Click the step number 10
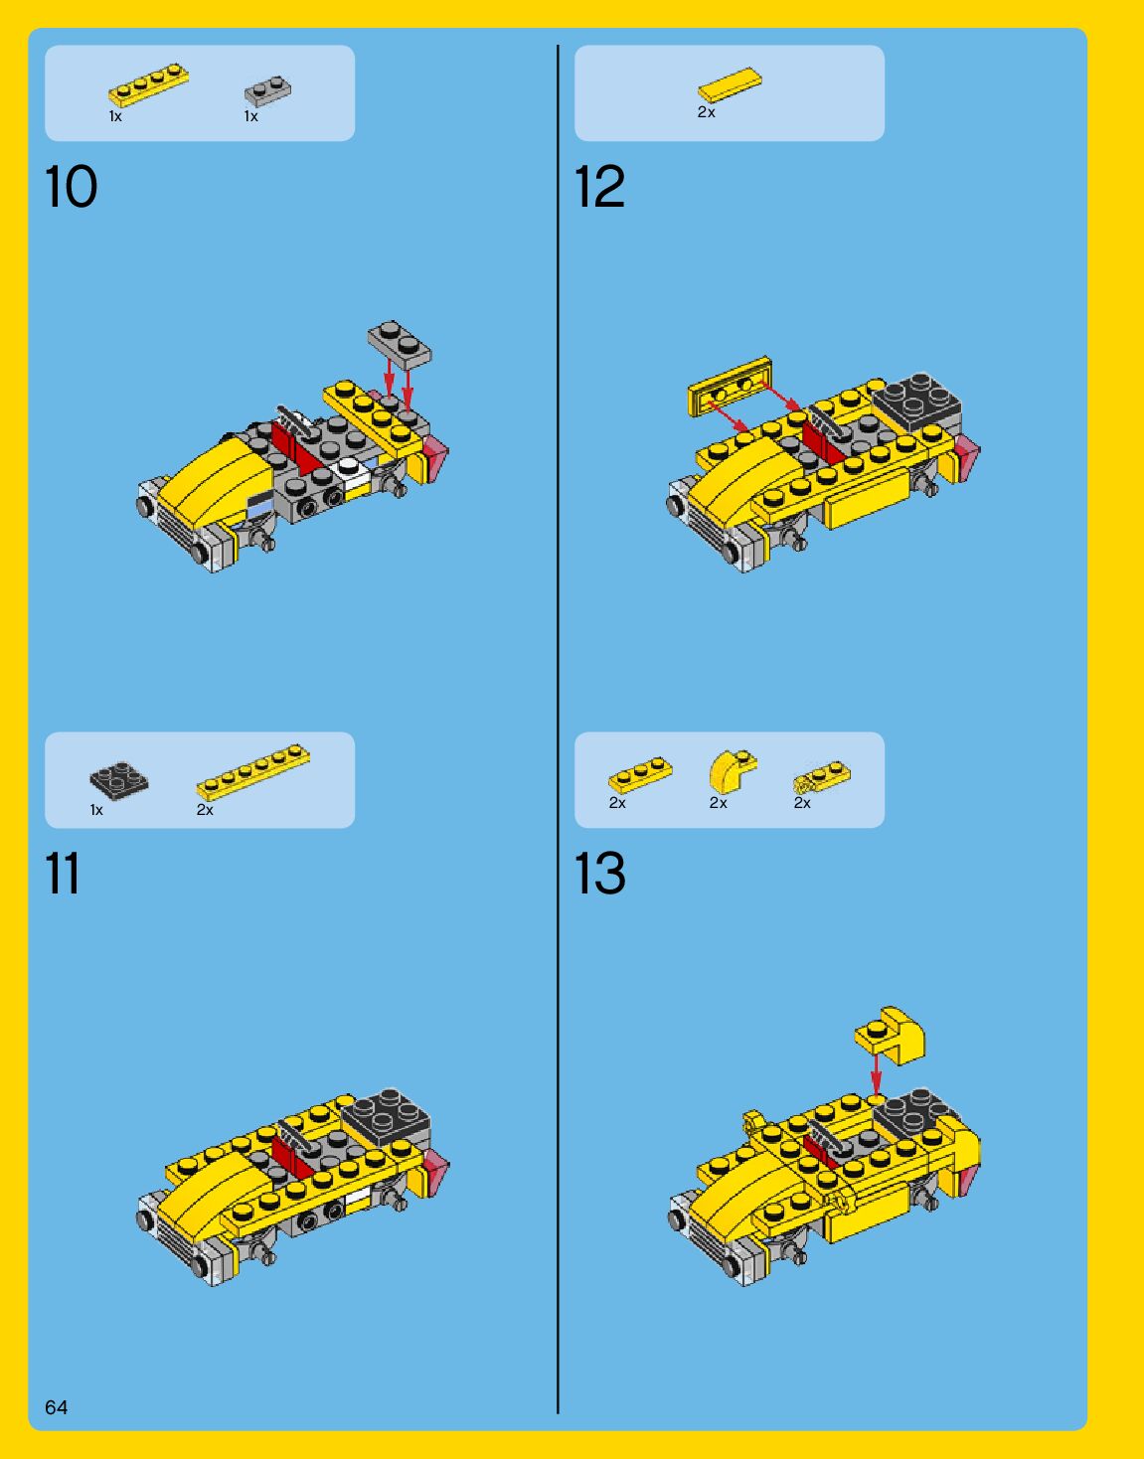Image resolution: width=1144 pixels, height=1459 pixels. pos(72,187)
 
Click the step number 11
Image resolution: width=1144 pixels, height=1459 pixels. pos(63,874)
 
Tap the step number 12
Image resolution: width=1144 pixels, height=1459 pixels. pos(599,187)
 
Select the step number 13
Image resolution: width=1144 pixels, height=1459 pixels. pos(599,874)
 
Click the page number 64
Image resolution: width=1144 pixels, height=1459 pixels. pos(57,1407)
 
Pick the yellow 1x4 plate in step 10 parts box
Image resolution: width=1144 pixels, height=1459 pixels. pos(148,85)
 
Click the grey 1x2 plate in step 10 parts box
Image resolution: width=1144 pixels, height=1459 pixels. pos(268,90)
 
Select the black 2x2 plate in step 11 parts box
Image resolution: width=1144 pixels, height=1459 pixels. pos(119,781)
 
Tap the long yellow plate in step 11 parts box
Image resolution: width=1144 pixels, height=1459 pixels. pos(253,772)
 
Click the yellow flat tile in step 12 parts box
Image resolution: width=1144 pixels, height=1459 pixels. pos(730,85)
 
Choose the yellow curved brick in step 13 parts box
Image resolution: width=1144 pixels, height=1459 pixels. pos(732,771)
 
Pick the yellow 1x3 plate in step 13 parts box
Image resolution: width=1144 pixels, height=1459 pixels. pos(640,775)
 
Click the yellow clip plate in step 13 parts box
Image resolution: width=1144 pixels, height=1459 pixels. pos(821,777)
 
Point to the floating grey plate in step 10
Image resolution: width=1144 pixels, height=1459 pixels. pos(400,344)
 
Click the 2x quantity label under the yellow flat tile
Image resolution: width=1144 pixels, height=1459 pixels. pos(707,112)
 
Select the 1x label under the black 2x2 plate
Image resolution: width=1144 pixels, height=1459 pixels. pos(96,810)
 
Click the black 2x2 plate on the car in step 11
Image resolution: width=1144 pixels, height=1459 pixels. pos(386,1118)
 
